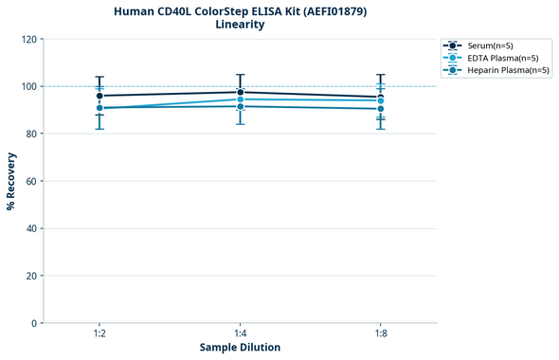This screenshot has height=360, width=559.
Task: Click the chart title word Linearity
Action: point(240,25)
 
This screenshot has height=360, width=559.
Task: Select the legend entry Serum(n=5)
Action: point(490,45)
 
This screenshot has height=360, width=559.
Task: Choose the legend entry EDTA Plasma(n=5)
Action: point(497,58)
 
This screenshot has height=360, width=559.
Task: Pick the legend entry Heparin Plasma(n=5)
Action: point(503,70)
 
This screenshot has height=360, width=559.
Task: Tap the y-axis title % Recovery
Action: point(11,180)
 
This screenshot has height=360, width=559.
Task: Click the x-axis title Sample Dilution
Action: point(240,348)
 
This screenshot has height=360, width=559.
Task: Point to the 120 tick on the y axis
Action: point(28,40)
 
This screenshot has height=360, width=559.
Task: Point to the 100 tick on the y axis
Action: point(28,87)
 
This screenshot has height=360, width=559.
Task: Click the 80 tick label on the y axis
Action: point(31,135)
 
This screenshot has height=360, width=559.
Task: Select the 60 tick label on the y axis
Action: point(31,181)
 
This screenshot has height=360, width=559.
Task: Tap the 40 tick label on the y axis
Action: point(31,228)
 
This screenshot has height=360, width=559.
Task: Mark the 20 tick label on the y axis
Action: point(31,276)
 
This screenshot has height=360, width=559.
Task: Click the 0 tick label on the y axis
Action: point(34,323)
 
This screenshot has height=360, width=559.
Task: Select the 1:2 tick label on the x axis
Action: point(99,333)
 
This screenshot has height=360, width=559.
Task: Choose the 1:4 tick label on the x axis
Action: point(240,333)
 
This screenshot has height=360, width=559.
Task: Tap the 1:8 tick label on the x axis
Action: point(381,333)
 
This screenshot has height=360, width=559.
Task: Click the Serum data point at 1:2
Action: point(99,96)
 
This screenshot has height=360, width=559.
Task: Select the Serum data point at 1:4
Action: point(240,92)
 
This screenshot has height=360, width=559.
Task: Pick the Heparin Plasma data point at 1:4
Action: point(240,106)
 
